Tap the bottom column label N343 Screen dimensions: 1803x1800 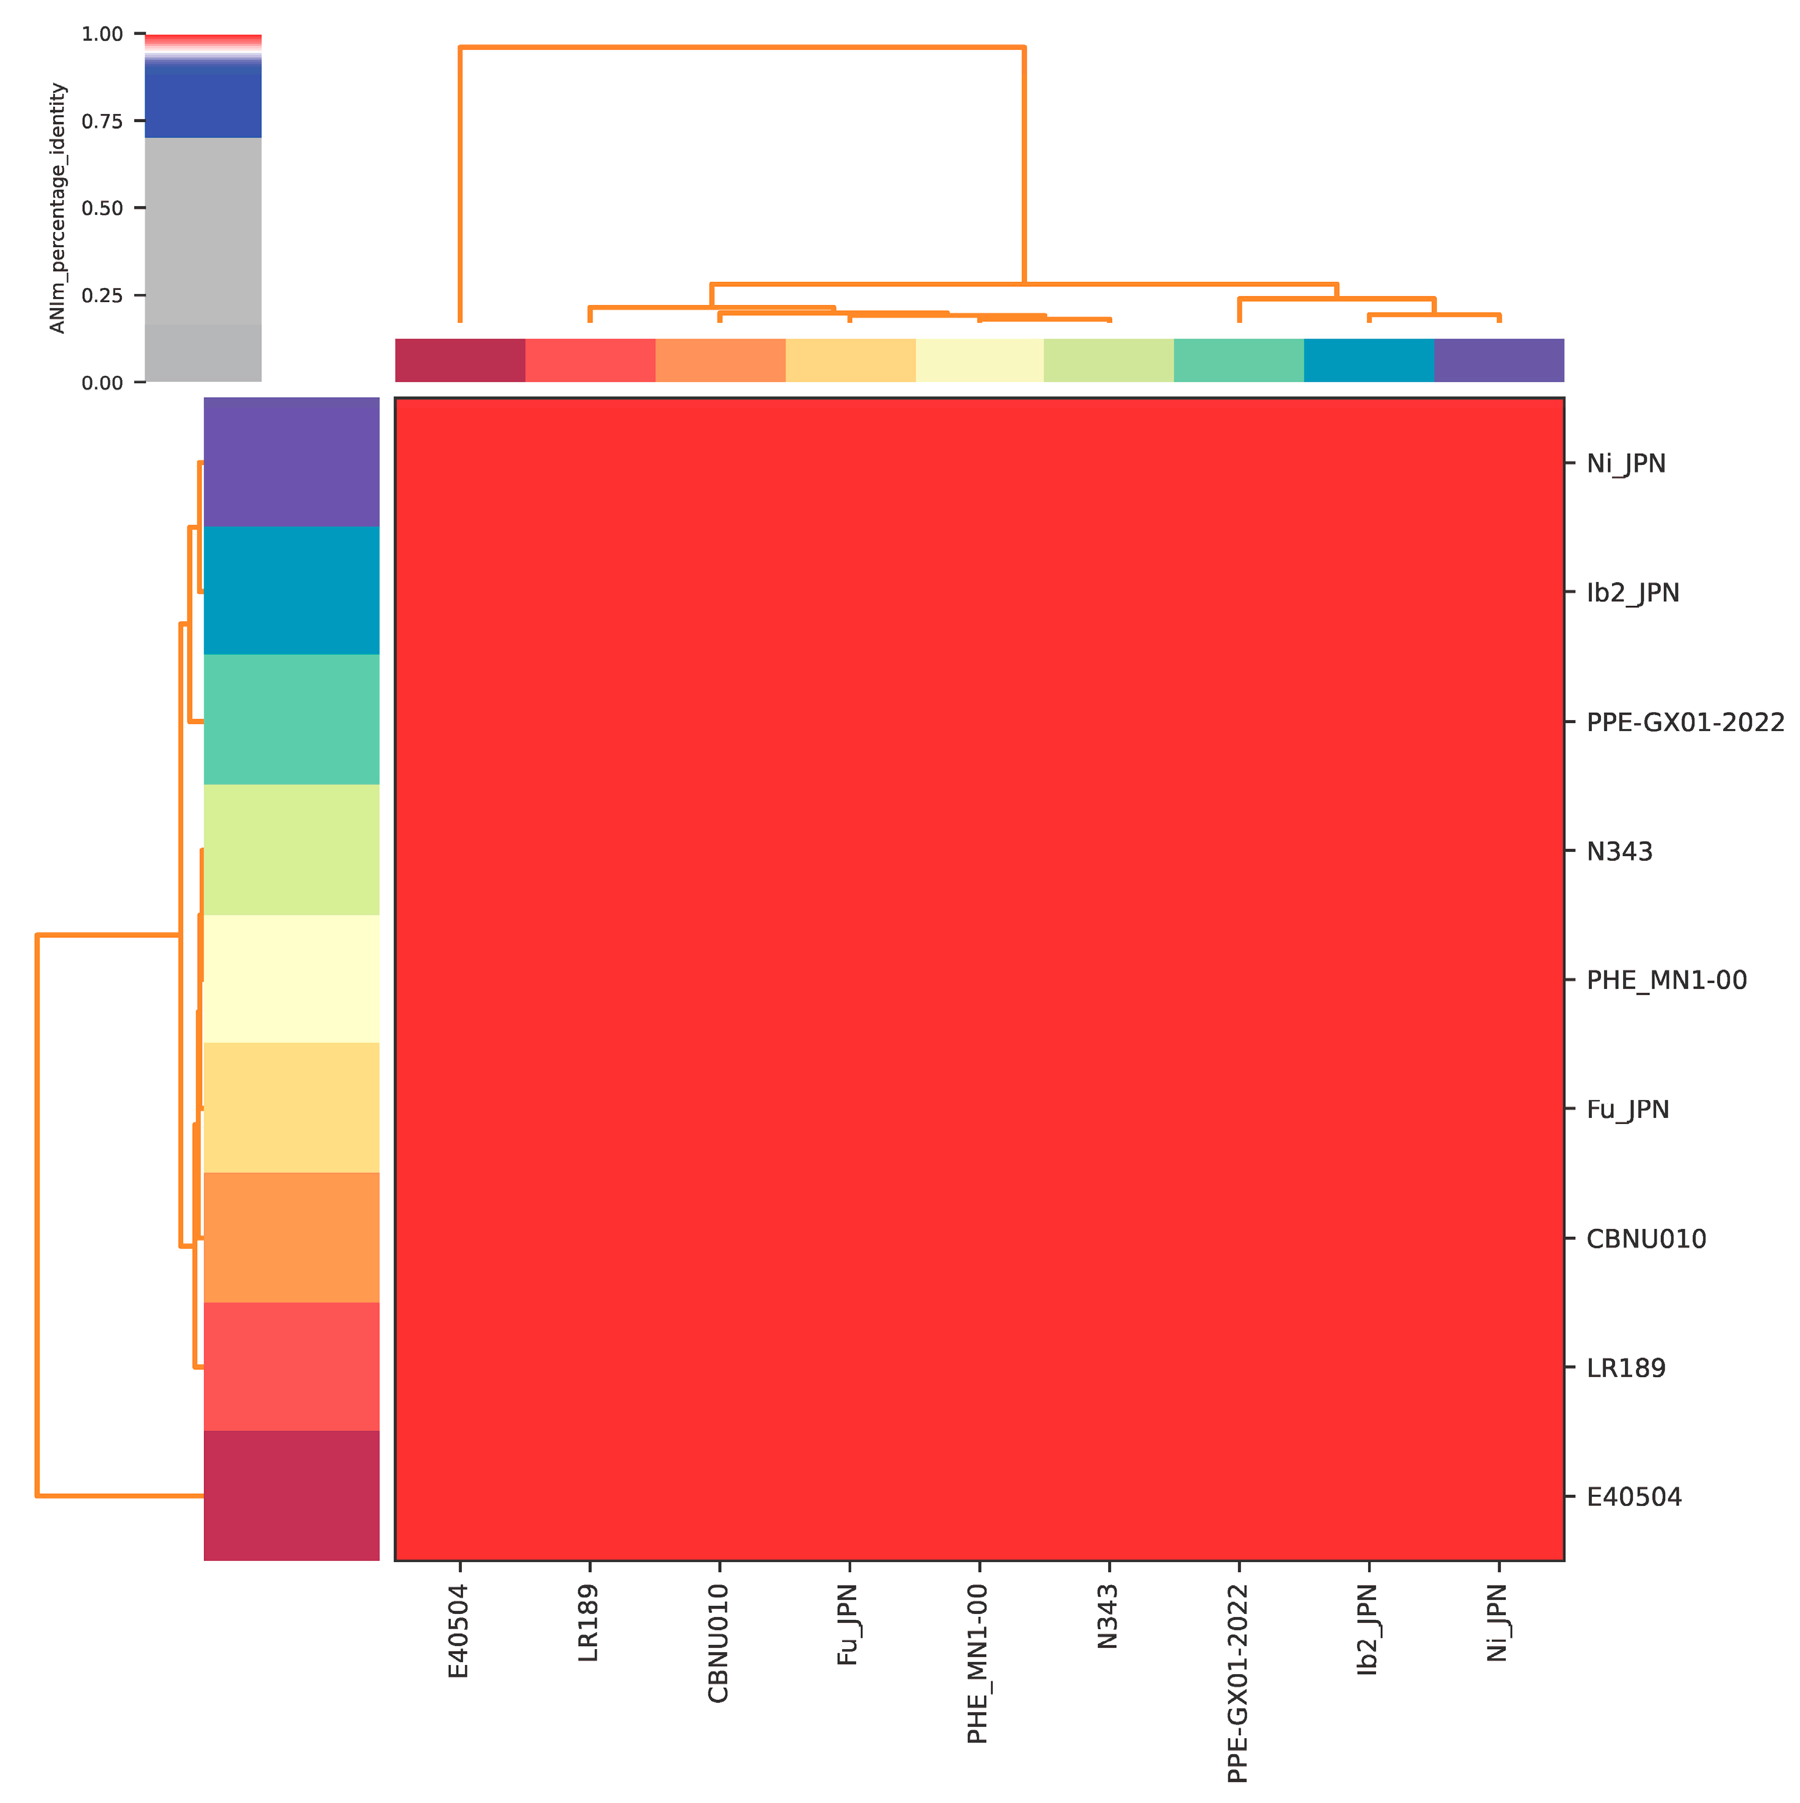[1107, 1618]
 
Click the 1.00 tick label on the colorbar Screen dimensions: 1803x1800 [102, 35]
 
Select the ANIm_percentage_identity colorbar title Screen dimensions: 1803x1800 [58, 208]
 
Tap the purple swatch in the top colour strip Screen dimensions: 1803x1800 [1498, 360]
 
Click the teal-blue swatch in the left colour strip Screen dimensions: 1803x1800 [291, 590]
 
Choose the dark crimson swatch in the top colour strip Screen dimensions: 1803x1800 [460, 360]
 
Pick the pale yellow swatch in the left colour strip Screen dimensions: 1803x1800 [291, 978]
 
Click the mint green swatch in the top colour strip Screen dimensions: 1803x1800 [1237, 360]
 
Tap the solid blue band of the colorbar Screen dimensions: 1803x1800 [203, 104]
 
